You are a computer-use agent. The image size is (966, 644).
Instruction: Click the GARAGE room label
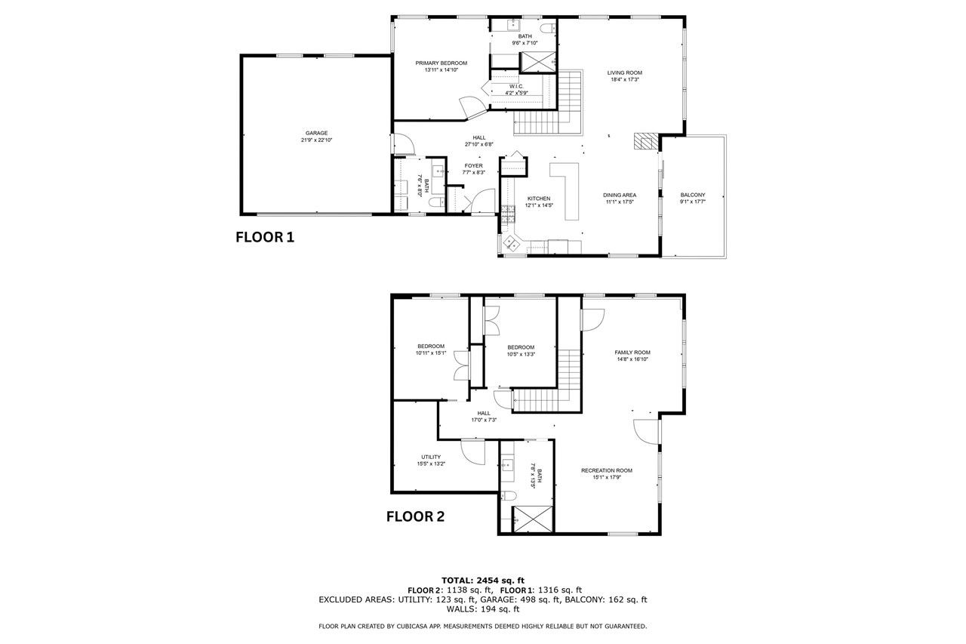pyautogui.click(x=316, y=133)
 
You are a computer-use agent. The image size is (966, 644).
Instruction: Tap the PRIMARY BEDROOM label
pyautogui.click(x=441, y=63)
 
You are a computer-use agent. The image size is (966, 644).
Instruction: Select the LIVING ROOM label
pyautogui.click(x=624, y=73)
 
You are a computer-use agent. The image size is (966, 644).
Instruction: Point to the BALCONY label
pyautogui.click(x=693, y=195)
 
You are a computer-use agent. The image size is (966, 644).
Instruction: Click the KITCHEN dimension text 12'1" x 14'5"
pyautogui.click(x=539, y=205)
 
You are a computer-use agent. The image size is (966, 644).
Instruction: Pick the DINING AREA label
pyautogui.click(x=620, y=195)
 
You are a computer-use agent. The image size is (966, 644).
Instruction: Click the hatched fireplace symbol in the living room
pyautogui.click(x=646, y=141)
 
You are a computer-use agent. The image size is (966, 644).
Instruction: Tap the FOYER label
pyautogui.click(x=473, y=165)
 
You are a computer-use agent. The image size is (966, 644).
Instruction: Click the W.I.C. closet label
pyautogui.click(x=516, y=86)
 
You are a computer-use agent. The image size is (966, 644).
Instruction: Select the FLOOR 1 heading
pyautogui.click(x=265, y=237)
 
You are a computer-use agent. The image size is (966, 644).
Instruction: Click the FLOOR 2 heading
pyautogui.click(x=415, y=516)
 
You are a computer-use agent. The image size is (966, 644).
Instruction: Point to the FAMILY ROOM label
pyautogui.click(x=632, y=353)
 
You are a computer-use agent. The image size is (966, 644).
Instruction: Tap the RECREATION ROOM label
pyautogui.click(x=606, y=470)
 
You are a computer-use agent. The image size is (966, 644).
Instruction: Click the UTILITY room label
pyautogui.click(x=431, y=458)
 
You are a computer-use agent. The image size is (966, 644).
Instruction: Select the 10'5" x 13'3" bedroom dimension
pyautogui.click(x=521, y=355)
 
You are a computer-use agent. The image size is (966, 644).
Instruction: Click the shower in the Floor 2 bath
pyautogui.click(x=532, y=519)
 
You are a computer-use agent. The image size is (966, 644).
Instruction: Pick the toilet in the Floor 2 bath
pyautogui.click(x=508, y=496)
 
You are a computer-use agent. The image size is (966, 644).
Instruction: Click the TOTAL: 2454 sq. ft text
pyautogui.click(x=482, y=581)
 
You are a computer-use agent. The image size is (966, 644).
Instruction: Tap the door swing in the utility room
pyautogui.click(x=473, y=451)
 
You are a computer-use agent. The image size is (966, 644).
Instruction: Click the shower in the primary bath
pyautogui.click(x=538, y=62)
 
